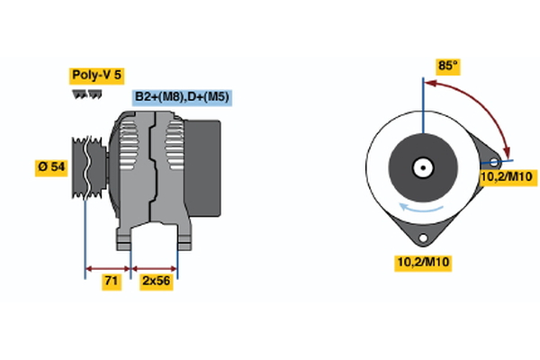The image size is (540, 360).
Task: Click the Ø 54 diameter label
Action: [51, 167]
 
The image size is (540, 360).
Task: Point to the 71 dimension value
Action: [110, 282]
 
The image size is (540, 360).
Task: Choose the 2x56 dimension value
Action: [156, 282]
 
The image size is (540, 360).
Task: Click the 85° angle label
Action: [448, 66]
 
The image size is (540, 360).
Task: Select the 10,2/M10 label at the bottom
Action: [423, 262]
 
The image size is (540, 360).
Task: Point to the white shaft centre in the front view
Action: [421, 166]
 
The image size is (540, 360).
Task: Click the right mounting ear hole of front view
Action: [493, 163]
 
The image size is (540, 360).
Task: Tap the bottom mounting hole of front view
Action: [421, 236]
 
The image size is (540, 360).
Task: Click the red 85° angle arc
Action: [486, 106]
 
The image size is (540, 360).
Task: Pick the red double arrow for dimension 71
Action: [108, 267]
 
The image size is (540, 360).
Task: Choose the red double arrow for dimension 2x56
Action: [155, 267]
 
